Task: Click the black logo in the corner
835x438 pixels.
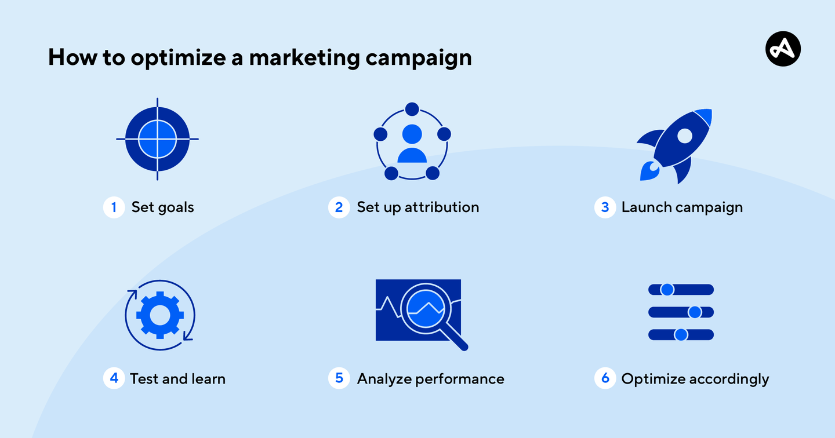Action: click(783, 48)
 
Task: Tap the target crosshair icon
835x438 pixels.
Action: click(157, 139)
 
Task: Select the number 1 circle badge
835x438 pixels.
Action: click(114, 207)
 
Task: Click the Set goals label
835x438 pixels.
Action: click(162, 207)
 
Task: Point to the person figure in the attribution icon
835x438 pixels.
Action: click(412, 143)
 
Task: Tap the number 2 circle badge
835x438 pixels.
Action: click(339, 207)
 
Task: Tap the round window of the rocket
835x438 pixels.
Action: click(685, 136)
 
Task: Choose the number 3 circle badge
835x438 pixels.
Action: click(605, 207)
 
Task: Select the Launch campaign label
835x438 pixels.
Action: click(682, 207)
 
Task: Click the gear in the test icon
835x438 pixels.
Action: click(160, 315)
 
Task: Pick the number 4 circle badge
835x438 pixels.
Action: click(114, 378)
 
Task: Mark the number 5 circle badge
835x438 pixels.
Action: click(339, 378)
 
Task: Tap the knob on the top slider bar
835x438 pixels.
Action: click(667, 289)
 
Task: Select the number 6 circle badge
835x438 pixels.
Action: click(605, 378)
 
